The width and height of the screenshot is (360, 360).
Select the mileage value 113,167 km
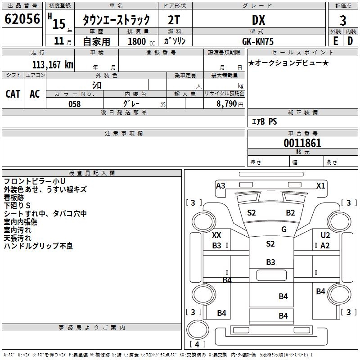coord(53,65)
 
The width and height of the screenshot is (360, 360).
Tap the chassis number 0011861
coord(302,144)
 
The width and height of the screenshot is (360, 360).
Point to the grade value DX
coord(258,20)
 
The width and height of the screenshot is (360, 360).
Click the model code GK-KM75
coord(258,41)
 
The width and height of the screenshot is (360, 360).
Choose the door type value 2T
coord(175,20)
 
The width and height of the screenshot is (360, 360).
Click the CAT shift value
coord(13,94)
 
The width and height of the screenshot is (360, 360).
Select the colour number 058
coord(74,104)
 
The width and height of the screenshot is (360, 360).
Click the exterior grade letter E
coord(335,41)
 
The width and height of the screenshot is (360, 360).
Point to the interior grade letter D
coord(351,41)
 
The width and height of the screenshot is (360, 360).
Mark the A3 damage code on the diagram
coord(220,185)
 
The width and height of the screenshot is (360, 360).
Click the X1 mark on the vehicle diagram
coord(320,185)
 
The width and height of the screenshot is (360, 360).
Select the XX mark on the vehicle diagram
coord(216,235)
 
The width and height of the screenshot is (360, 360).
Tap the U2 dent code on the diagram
coord(325,235)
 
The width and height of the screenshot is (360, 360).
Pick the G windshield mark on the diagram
coord(284,229)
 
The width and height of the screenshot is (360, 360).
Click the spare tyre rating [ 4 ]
coord(198,345)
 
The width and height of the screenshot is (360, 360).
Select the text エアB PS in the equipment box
coord(264,121)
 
